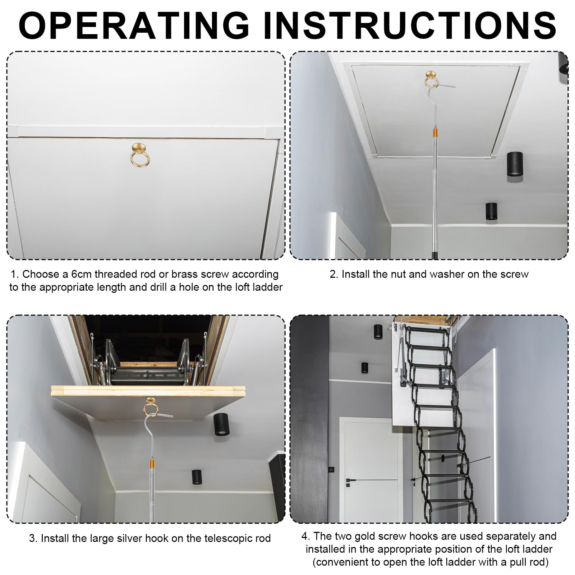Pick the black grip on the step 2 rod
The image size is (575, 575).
coord(434,255)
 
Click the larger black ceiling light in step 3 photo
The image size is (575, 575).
coord(221,424)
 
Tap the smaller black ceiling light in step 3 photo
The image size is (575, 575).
coord(196,477)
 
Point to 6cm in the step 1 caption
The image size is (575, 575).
coord(82,274)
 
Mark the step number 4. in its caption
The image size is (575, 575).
coord(306,536)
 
